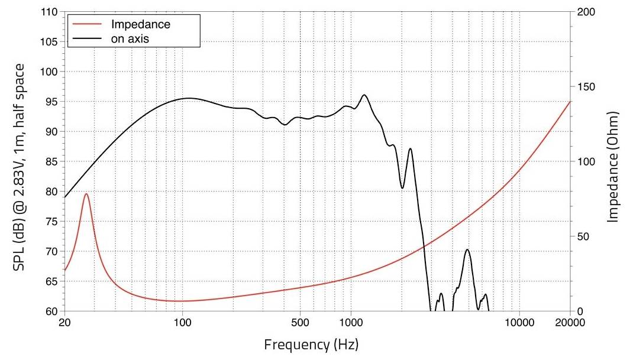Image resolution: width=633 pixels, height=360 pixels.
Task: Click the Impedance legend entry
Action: click(x=140, y=25)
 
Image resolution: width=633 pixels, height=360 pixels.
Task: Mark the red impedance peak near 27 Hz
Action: click(x=86, y=194)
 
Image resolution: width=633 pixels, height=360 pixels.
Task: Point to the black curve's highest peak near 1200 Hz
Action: click(x=364, y=95)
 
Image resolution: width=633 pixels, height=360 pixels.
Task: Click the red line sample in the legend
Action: click(x=87, y=25)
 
